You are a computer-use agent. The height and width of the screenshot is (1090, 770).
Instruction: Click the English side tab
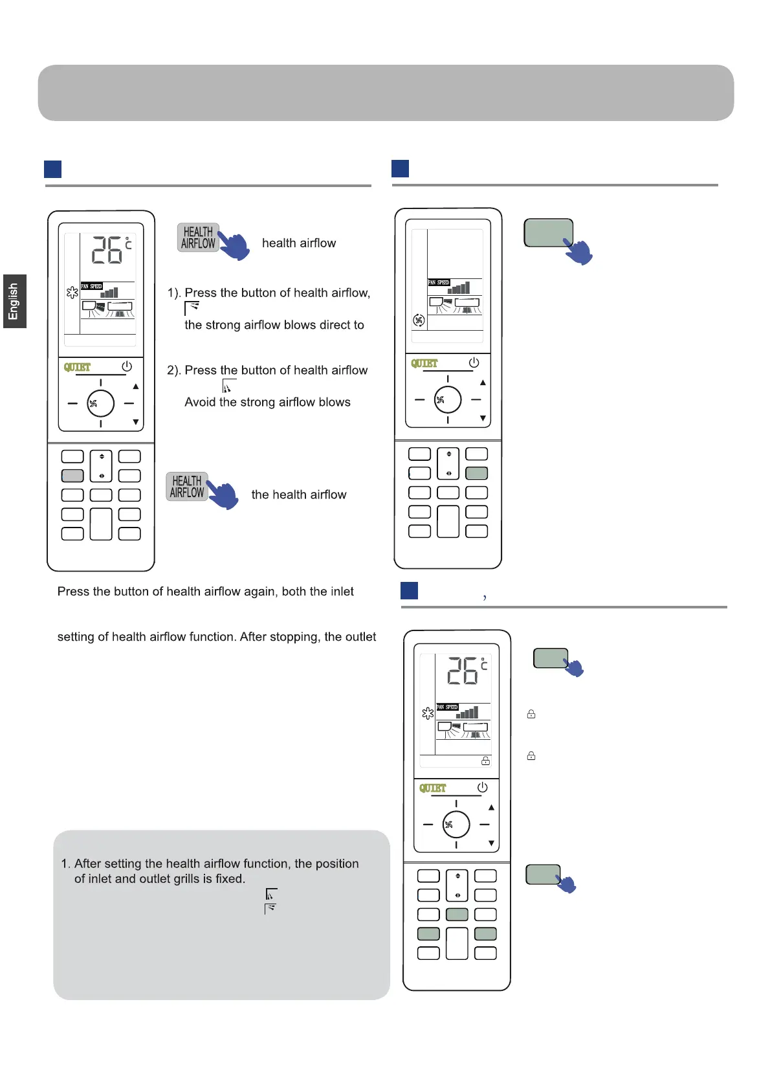(14, 301)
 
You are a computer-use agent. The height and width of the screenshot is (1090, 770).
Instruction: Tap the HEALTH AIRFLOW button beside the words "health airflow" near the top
(197, 238)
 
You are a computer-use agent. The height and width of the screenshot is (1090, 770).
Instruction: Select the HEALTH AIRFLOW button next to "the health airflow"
(186, 487)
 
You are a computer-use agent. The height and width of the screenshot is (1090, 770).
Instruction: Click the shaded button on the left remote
(72, 476)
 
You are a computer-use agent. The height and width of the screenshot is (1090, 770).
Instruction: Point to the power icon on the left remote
(127, 366)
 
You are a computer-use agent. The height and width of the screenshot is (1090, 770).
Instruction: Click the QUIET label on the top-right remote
(424, 363)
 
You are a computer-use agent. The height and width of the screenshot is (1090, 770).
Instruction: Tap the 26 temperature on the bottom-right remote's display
(463, 671)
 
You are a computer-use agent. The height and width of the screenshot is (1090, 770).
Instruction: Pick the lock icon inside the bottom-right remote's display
(485, 761)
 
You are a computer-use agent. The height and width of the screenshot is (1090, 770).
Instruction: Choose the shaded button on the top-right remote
(477, 473)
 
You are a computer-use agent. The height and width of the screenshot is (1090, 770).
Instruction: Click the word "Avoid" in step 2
(200, 402)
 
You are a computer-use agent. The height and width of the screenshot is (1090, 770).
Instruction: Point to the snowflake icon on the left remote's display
(72, 293)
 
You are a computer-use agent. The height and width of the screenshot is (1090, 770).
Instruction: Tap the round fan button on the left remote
(100, 403)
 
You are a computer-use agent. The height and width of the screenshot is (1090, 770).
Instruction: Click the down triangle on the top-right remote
(483, 419)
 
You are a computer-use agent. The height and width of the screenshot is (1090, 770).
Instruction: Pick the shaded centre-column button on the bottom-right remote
(457, 915)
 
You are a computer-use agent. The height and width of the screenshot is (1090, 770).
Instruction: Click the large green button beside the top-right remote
(548, 233)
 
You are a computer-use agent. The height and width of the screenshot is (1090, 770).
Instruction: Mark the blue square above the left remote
(52, 169)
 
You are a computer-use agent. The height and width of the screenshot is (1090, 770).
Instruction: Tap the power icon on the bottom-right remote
(482, 787)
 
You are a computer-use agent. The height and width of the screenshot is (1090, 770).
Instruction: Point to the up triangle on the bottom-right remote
(491, 807)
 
